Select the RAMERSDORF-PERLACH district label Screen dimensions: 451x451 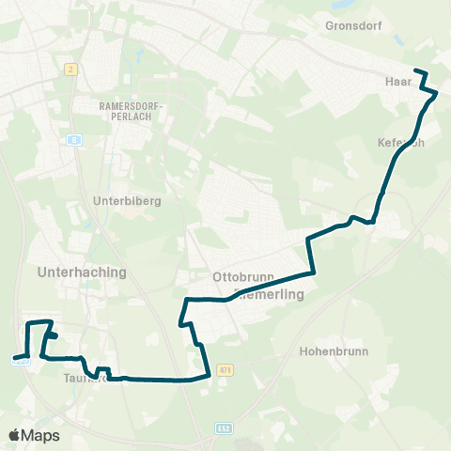click(132, 113)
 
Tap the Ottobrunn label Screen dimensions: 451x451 click(241, 278)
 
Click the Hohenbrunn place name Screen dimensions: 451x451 click(334, 350)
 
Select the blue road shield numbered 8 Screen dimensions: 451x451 click(73, 138)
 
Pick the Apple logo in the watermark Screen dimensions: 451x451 click(15, 435)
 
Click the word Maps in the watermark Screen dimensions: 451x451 click(41, 436)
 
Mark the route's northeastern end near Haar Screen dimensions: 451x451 click(415, 70)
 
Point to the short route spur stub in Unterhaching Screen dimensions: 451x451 click(54, 334)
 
